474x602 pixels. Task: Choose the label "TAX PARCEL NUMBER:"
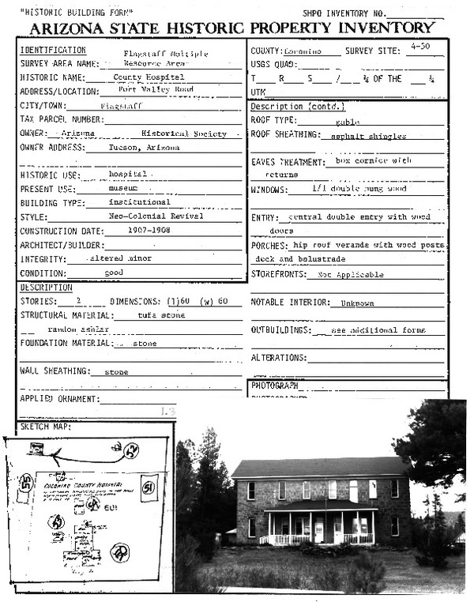[62, 119]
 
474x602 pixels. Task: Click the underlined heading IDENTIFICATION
[52, 50]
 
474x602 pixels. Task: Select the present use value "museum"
[122, 189]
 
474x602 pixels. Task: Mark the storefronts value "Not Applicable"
[350, 275]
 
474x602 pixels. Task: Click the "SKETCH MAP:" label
[46, 427]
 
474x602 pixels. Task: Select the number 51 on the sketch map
[148, 487]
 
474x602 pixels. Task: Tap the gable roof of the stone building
[319, 466]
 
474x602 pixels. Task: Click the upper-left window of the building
[252, 491]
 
